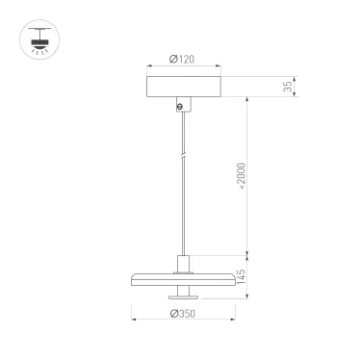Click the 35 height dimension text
288,86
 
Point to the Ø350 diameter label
182,314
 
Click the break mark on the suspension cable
181,155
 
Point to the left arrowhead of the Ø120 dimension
148,67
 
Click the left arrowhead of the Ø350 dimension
133,321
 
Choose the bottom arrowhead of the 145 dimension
250,298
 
